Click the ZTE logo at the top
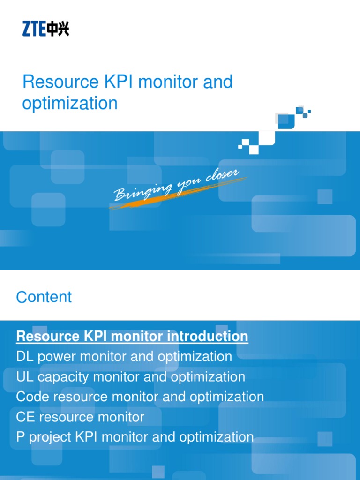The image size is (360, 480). [45, 30]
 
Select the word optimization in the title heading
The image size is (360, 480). [70, 103]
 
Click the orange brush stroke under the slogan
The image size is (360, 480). [155, 195]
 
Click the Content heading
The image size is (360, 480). [44, 297]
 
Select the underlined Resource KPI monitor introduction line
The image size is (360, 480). [132, 336]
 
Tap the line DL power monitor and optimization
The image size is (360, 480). [124, 356]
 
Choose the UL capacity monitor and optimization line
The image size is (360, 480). [130, 376]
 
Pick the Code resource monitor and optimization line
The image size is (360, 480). [140, 397]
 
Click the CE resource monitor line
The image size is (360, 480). [80, 417]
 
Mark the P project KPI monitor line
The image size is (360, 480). [135, 437]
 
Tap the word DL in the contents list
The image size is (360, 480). [23, 356]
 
